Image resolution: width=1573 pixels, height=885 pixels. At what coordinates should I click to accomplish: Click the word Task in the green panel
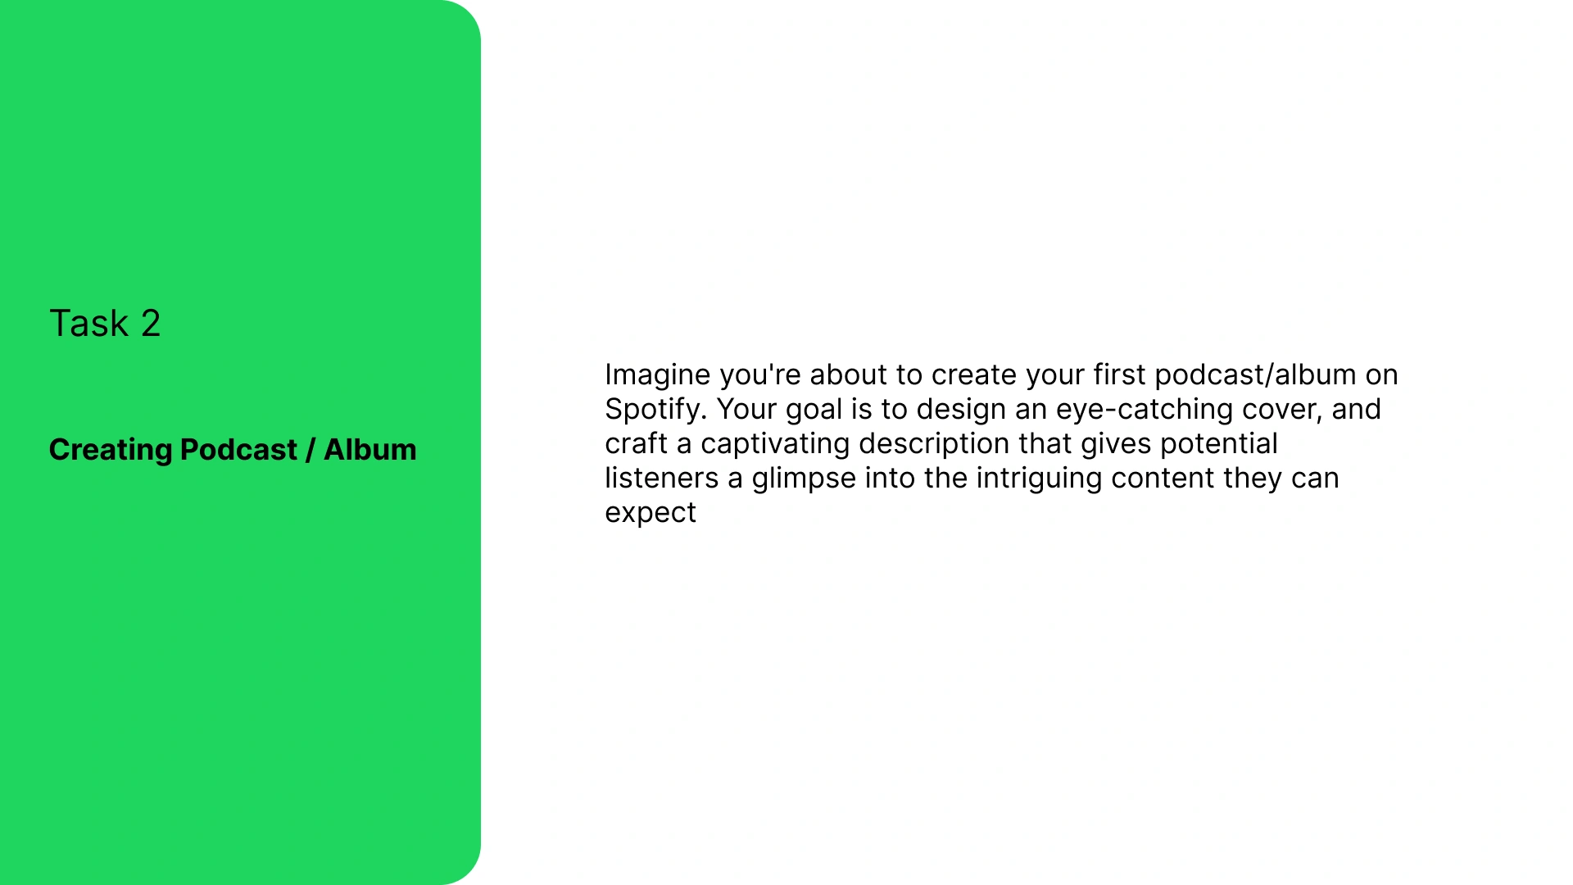[89, 323]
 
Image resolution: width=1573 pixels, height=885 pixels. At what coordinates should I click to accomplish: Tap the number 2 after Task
[151, 323]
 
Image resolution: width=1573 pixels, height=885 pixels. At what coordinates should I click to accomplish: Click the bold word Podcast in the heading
[238, 449]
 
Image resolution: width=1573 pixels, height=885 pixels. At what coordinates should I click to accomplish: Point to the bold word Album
[370, 449]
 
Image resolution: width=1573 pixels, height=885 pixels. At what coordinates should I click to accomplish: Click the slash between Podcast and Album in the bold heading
[311, 450]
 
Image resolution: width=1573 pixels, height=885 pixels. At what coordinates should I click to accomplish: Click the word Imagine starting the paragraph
[658, 375]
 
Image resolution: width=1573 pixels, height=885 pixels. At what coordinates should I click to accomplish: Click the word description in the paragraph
[934, 443]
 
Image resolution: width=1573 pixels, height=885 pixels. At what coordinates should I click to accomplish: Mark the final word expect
[651, 513]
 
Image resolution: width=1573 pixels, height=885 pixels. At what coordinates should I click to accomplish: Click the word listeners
[662, 478]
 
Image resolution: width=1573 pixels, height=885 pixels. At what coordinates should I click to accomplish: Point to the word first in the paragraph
[1120, 374]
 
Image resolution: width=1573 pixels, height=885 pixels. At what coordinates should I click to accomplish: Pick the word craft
[637, 443]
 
